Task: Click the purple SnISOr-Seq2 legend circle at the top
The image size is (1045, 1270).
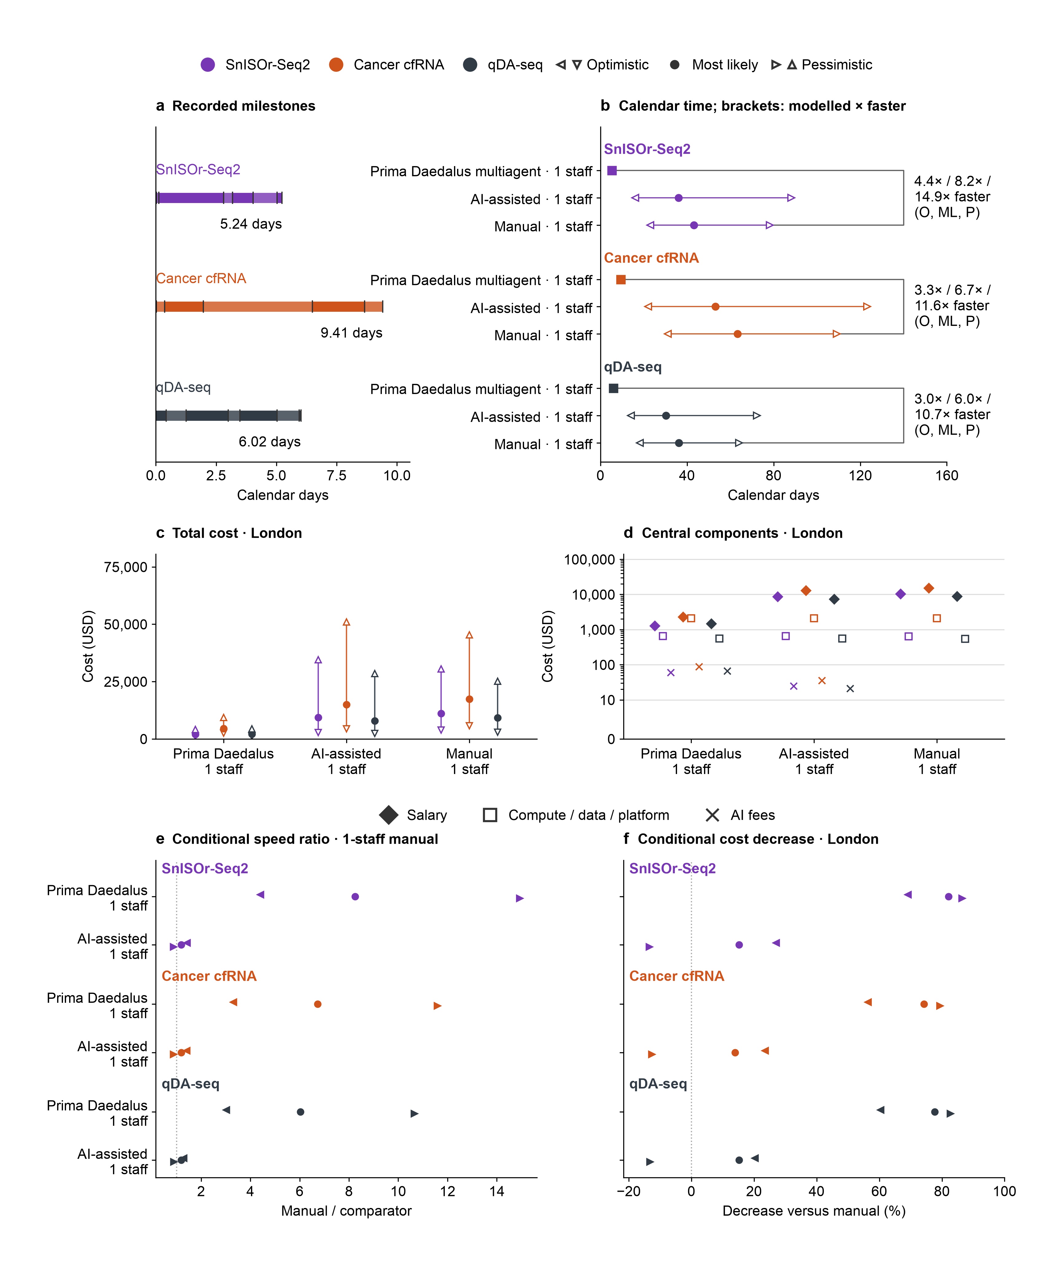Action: click(x=208, y=65)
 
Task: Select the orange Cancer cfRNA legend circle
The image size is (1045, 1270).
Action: click(x=336, y=65)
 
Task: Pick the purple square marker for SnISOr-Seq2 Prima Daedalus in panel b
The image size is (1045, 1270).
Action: click(x=612, y=171)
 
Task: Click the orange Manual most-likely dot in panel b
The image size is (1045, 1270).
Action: click(x=738, y=334)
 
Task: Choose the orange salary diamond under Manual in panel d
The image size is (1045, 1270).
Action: click(x=929, y=588)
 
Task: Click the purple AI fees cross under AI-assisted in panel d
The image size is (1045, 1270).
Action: click(x=793, y=686)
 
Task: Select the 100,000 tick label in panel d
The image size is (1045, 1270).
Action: click(x=589, y=560)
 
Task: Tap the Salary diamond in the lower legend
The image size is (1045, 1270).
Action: click(x=389, y=815)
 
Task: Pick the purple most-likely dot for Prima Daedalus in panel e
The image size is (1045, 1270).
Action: click(x=355, y=897)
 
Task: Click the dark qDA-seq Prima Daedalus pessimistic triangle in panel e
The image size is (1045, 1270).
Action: click(x=414, y=1113)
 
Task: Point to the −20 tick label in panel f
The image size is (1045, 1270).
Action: click(x=628, y=1191)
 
